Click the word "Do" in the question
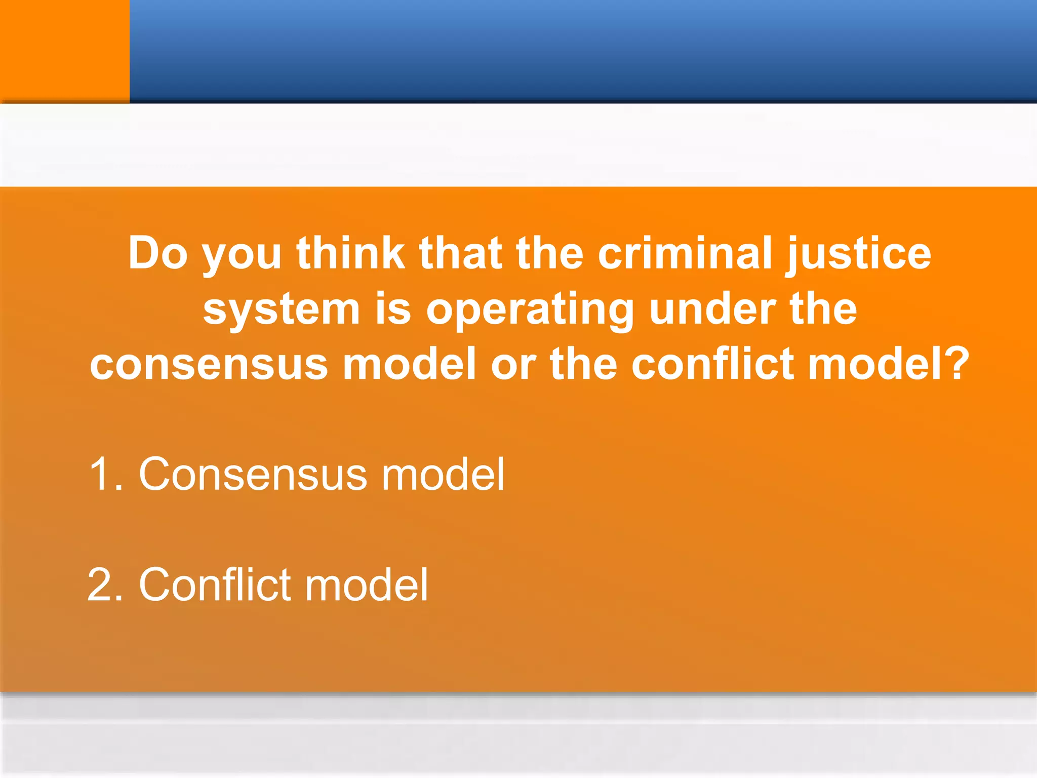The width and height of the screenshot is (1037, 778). click(x=157, y=253)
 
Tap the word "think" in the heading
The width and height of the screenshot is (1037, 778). click(x=350, y=253)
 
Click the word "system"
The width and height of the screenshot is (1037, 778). click(x=281, y=309)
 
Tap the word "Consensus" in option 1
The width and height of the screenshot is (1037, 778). click(x=253, y=474)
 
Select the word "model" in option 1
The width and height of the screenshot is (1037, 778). click(x=443, y=474)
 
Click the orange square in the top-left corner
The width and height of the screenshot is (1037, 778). click(x=64, y=51)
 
